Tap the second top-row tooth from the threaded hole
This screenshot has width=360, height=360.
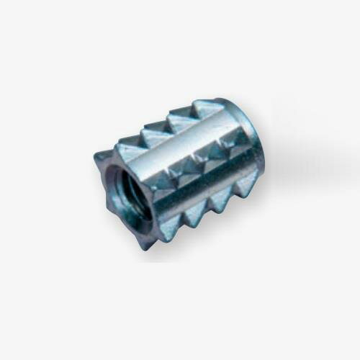154,134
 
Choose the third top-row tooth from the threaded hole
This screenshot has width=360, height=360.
180,119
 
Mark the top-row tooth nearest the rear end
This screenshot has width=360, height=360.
209,108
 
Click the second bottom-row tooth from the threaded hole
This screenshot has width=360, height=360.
194,212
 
